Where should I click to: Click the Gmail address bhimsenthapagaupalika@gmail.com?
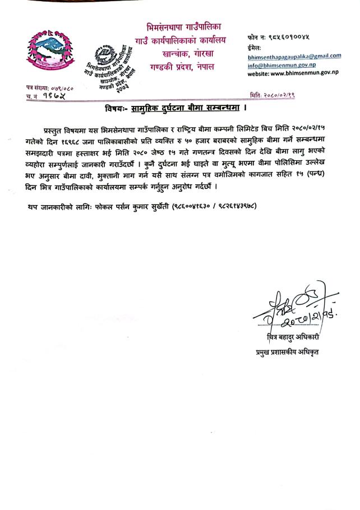pyautogui.click(x=294, y=55)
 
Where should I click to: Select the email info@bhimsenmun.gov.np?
pyautogui.click(x=278, y=64)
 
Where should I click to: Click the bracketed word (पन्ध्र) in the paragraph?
pyautogui.click(x=324, y=175)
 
